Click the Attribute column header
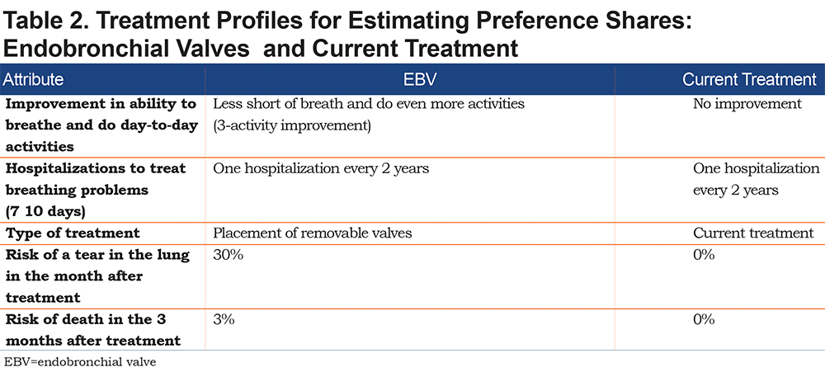[34, 79]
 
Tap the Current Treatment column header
[749, 79]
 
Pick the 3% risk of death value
[224, 320]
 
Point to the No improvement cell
[747, 104]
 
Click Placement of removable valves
[313, 233]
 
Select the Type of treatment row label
[73, 233]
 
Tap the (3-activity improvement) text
[292, 127]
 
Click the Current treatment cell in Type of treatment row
[753, 233]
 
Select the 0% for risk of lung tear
[704, 255]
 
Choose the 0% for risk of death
[704, 320]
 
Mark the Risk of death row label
[93, 331]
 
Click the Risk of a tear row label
[97, 276]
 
